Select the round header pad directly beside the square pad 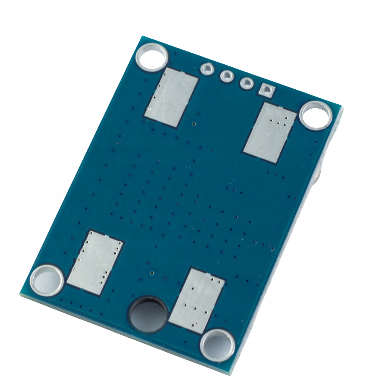pos(246,82)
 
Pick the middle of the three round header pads pos(226,75)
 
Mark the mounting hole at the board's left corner pos(47,278)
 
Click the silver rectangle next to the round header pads pos(172,97)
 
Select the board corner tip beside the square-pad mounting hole pos(341,107)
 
